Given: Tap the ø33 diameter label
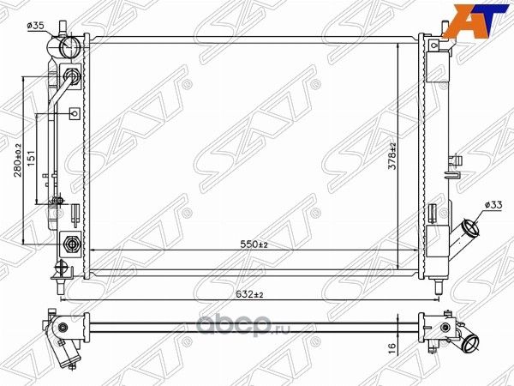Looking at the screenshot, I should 493,205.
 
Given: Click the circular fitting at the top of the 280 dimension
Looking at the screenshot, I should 71,76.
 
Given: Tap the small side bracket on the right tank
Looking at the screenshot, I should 453,161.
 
